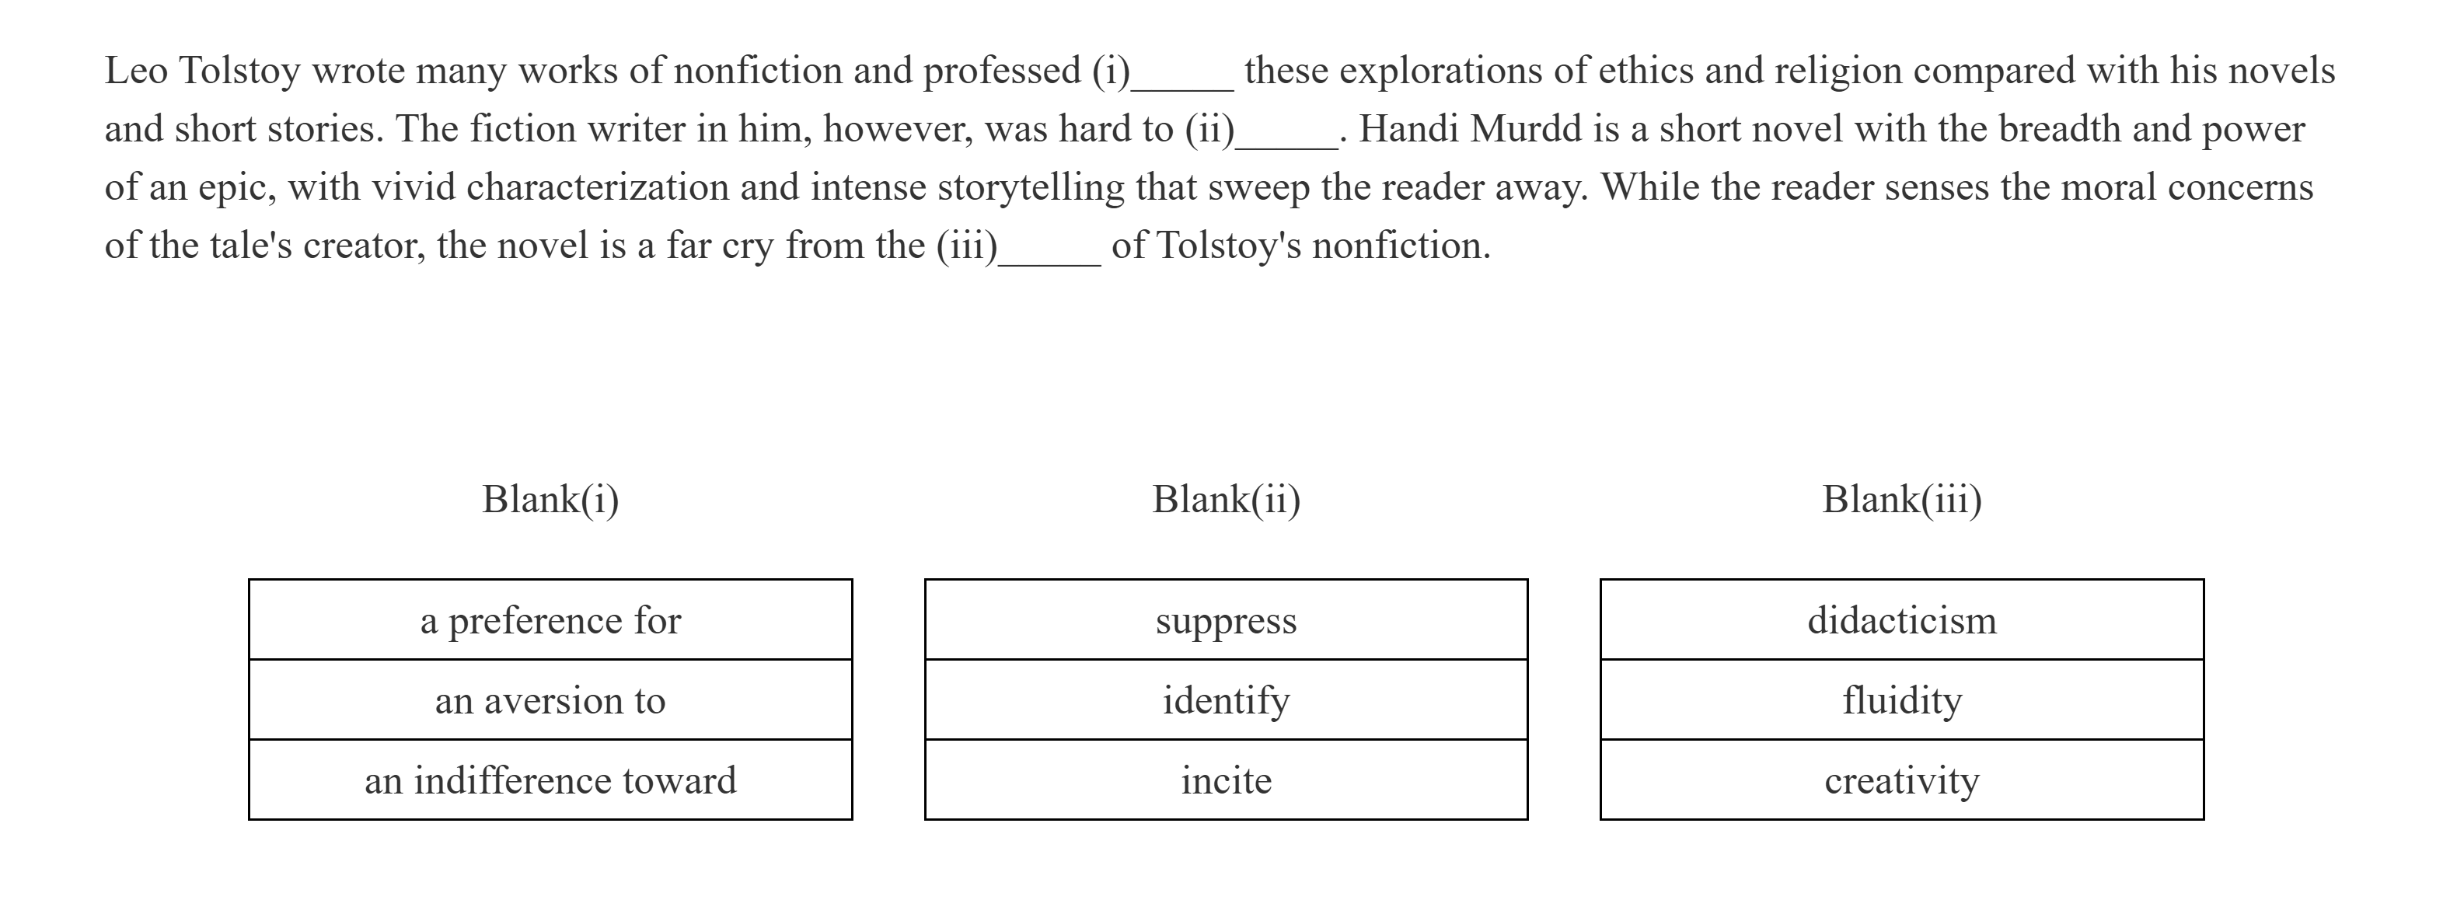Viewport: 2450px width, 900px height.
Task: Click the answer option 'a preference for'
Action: click(x=550, y=620)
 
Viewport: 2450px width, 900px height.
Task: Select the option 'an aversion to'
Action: click(x=550, y=700)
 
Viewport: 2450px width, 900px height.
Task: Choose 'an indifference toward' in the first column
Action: click(x=550, y=780)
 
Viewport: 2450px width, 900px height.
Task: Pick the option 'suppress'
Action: click(x=1226, y=620)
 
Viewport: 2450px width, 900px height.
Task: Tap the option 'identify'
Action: click(x=1226, y=700)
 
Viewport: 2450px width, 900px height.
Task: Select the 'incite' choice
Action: click(x=1226, y=780)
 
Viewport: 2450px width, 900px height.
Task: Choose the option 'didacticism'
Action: click(x=1901, y=620)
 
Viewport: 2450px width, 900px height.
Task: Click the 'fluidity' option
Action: click(x=1901, y=700)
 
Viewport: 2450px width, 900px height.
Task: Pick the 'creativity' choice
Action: click(x=1901, y=780)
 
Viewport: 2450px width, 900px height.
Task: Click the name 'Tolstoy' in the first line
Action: click(x=239, y=72)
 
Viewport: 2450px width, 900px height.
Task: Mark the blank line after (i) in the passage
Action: click(x=1182, y=85)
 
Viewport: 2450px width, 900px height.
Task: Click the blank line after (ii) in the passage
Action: click(x=1287, y=144)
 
